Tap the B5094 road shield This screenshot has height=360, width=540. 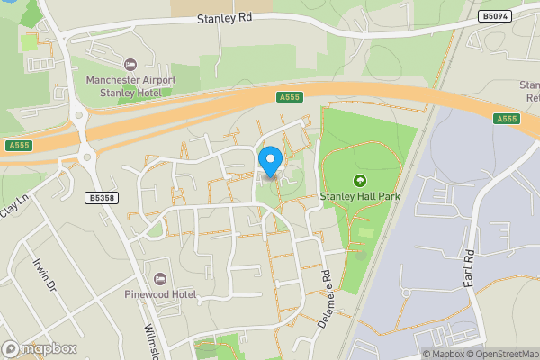point(495,16)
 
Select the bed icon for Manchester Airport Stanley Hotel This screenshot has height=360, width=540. point(130,64)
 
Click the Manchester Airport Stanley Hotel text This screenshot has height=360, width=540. point(130,85)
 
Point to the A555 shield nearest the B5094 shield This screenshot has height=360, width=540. point(507,119)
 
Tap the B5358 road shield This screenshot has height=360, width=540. point(103,197)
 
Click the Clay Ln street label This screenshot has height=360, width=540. point(10,209)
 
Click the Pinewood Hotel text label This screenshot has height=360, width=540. point(160,293)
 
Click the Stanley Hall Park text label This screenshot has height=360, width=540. point(361,195)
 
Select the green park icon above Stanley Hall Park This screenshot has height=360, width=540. point(361,180)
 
